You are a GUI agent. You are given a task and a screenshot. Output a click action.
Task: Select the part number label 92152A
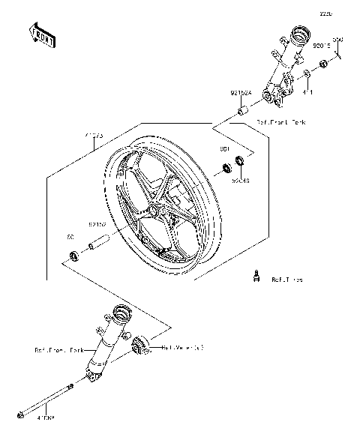tap(241, 94)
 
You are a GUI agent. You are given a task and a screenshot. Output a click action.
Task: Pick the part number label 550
tap(337, 39)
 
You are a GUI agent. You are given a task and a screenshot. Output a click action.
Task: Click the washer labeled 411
tap(307, 75)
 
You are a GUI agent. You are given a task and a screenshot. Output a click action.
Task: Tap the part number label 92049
tap(240, 181)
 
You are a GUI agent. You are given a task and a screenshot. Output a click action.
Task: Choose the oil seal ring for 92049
tap(240, 160)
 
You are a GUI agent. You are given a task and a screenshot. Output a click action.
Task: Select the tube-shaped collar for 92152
tap(100, 243)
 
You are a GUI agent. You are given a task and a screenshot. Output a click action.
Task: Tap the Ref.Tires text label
tap(286, 280)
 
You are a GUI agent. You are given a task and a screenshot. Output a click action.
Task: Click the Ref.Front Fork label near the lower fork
tap(55, 350)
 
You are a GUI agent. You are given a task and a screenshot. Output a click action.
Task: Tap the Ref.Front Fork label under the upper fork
tap(281, 121)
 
